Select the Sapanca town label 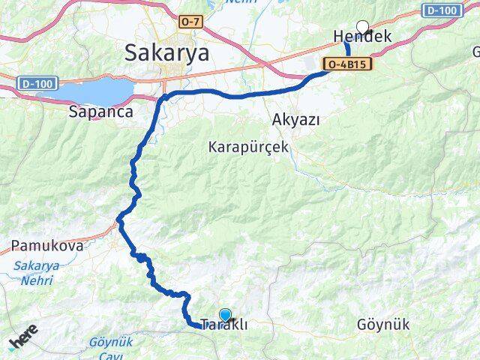(100, 112)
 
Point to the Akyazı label (297, 120)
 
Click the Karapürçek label (248, 148)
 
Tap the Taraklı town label (224, 326)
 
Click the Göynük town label (383, 325)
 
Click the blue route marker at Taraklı (226, 316)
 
